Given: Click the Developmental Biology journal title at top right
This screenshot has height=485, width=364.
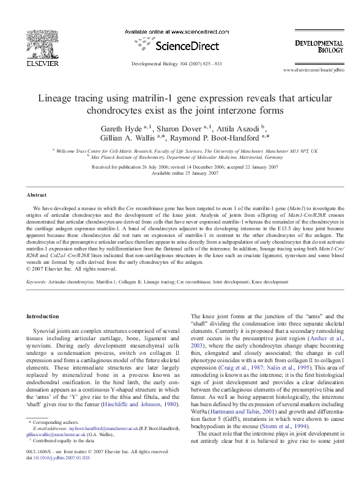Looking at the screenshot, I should tap(319, 47).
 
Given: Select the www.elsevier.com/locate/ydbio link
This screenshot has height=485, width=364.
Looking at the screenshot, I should tap(314, 70).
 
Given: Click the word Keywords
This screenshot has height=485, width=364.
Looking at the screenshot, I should tap(36, 282).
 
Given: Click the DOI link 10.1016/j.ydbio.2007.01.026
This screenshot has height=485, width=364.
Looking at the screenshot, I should tap(62, 474).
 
